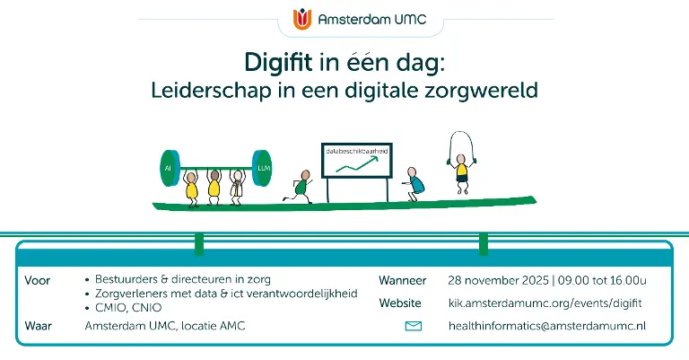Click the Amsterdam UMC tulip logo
tap(302, 19)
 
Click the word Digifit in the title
tap(278, 62)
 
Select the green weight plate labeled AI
tap(170, 168)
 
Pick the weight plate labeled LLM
tap(262, 168)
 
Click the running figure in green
tap(299, 187)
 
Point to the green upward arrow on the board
tap(357, 164)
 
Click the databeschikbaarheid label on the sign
tap(357, 151)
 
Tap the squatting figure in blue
tap(413, 184)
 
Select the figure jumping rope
tap(460, 163)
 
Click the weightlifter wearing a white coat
tap(237, 188)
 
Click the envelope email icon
tap(413, 326)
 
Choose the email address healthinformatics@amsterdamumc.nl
tap(547, 326)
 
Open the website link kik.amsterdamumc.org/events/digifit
tap(545, 303)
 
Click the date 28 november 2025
tap(498, 280)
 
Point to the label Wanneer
tap(403, 280)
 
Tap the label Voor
tap(38, 280)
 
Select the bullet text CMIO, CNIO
tap(128, 308)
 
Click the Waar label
tap(39, 326)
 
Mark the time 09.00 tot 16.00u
tap(602, 280)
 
